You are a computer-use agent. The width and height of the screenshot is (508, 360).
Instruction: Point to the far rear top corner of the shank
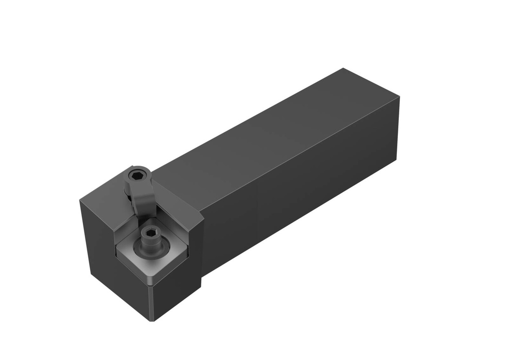(343, 69)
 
